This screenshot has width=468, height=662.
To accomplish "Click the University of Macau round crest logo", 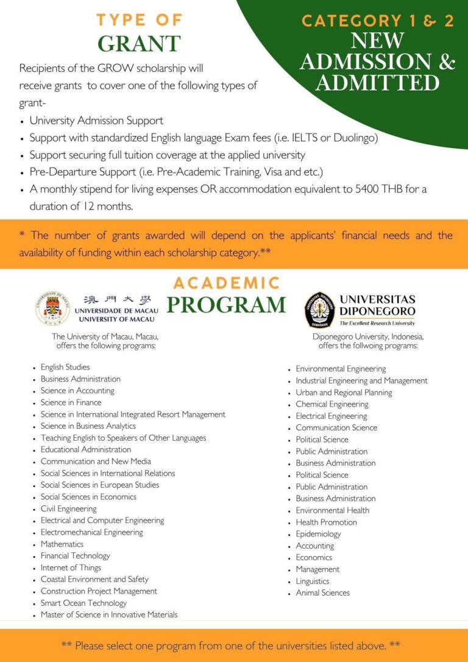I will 52,308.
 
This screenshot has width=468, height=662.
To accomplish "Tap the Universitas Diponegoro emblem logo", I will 320,309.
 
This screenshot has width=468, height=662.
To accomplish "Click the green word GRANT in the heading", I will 139,44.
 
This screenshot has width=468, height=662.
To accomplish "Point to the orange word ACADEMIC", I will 226,283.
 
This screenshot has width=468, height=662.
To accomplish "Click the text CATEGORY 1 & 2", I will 378,21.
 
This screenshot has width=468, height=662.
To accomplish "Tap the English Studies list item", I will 65,367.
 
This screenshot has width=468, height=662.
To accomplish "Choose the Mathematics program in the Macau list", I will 62,544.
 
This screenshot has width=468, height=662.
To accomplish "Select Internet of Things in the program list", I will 71,568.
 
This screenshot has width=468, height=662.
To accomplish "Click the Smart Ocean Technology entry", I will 83,603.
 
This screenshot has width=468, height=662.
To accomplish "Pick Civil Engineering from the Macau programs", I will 68,508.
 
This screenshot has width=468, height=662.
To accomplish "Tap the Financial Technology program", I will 76,555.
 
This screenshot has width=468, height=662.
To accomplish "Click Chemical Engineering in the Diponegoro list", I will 332,404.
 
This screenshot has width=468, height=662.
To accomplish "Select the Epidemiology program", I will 318,534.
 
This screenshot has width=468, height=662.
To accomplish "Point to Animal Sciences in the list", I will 322,593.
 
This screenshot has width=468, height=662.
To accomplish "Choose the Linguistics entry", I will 312,581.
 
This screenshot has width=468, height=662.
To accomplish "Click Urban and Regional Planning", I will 344,393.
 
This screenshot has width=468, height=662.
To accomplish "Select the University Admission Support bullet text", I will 96,120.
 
